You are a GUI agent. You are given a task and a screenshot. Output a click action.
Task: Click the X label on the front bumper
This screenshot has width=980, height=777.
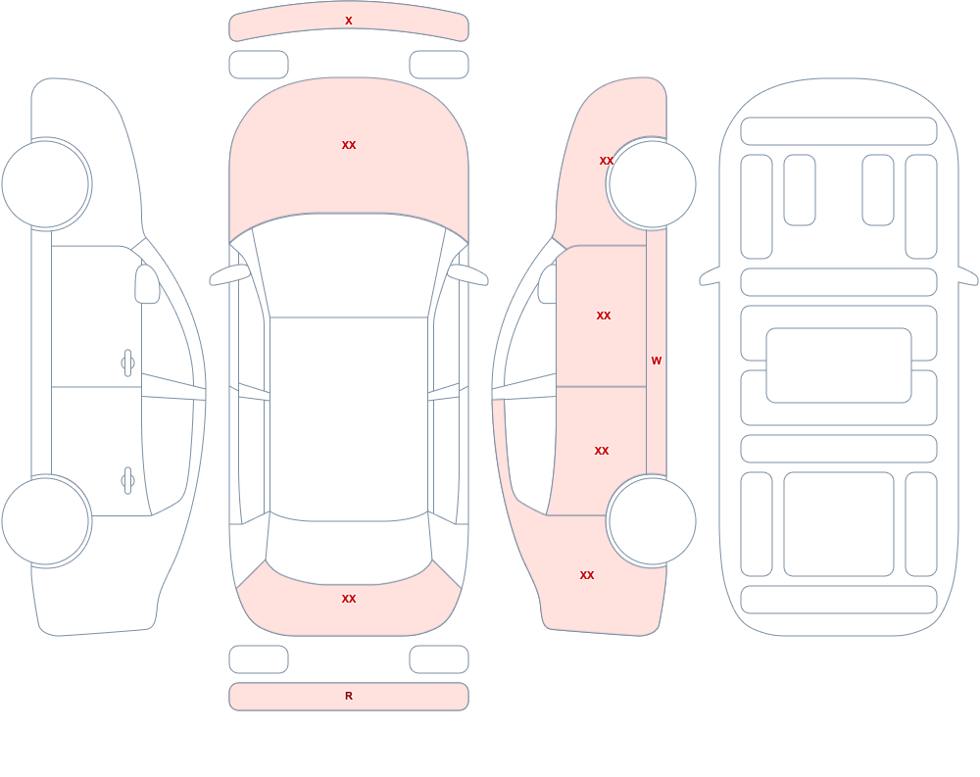point(349,22)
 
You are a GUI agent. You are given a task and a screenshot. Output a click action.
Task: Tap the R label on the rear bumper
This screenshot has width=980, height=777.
point(349,696)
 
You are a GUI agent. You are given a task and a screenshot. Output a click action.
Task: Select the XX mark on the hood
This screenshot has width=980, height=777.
point(349,145)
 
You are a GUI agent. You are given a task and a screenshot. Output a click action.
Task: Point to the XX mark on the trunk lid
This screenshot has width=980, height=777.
point(349,599)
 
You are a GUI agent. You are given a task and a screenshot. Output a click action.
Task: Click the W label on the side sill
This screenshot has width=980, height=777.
point(657,361)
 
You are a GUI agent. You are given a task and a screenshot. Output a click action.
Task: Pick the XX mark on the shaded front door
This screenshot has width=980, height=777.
point(604,316)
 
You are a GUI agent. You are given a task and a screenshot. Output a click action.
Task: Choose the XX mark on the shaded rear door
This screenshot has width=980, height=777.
point(602,451)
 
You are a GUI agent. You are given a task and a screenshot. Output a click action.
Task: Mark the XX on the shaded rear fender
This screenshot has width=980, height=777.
point(587,575)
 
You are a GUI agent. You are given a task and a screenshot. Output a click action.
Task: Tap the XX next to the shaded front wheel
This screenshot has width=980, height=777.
point(607,161)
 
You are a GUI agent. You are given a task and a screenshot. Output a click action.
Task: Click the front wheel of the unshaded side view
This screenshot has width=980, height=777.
point(46,184)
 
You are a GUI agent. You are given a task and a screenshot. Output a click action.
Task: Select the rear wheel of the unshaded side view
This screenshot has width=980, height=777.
point(46,521)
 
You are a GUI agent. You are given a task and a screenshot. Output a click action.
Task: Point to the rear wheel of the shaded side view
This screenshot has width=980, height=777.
point(652,521)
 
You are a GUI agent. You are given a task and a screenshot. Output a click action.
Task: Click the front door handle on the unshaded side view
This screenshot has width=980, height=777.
point(127,364)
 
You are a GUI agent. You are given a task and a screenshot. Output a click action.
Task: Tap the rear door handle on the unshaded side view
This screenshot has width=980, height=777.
point(127,481)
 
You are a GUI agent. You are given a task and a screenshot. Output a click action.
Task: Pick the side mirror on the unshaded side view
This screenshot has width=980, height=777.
point(147,284)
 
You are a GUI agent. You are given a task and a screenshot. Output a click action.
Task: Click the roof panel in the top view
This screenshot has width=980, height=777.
point(349,418)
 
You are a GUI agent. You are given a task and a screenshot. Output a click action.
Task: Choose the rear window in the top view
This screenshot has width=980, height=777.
point(349,550)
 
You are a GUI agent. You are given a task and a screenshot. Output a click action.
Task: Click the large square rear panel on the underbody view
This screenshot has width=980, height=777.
point(839,524)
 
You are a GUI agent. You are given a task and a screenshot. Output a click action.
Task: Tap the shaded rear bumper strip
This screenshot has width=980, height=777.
point(349,697)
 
